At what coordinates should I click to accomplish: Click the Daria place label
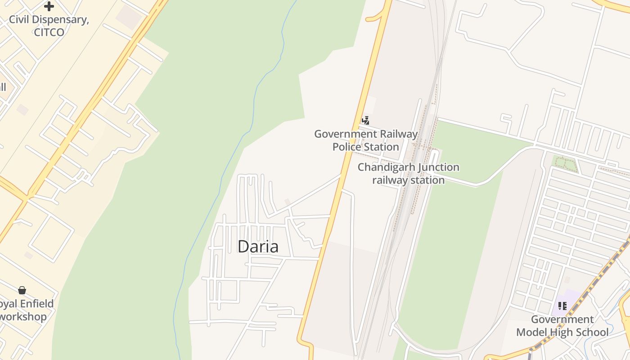pyautogui.click(x=258, y=247)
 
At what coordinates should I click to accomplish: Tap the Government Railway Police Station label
pyautogui.click(x=365, y=140)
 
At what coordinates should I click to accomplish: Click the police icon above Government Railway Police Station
pyautogui.click(x=366, y=120)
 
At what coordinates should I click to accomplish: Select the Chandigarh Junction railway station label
pyautogui.click(x=408, y=174)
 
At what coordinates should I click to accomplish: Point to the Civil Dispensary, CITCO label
pyautogui.click(x=49, y=26)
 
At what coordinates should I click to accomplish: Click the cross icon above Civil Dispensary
pyautogui.click(x=49, y=6)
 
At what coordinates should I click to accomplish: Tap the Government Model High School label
pyautogui.click(x=562, y=326)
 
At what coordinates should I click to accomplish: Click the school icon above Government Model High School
pyautogui.click(x=562, y=306)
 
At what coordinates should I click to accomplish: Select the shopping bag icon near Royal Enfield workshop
pyautogui.click(x=22, y=290)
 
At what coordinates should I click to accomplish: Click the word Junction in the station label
pyautogui.click(x=433, y=167)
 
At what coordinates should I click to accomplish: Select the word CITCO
pyautogui.click(x=49, y=32)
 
